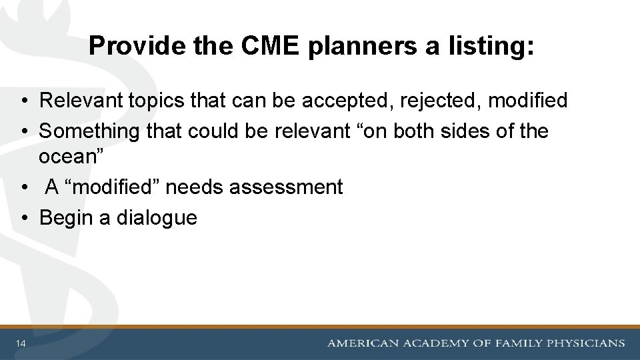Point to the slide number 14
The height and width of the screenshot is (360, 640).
pyautogui.click(x=22, y=343)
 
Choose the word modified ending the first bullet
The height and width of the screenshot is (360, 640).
pyautogui.click(x=528, y=101)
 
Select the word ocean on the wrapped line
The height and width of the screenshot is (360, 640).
pyautogui.click(x=65, y=157)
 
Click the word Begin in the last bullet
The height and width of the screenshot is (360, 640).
pyautogui.click(x=67, y=217)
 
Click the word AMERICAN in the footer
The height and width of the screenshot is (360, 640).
pyautogui.click(x=363, y=343)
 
